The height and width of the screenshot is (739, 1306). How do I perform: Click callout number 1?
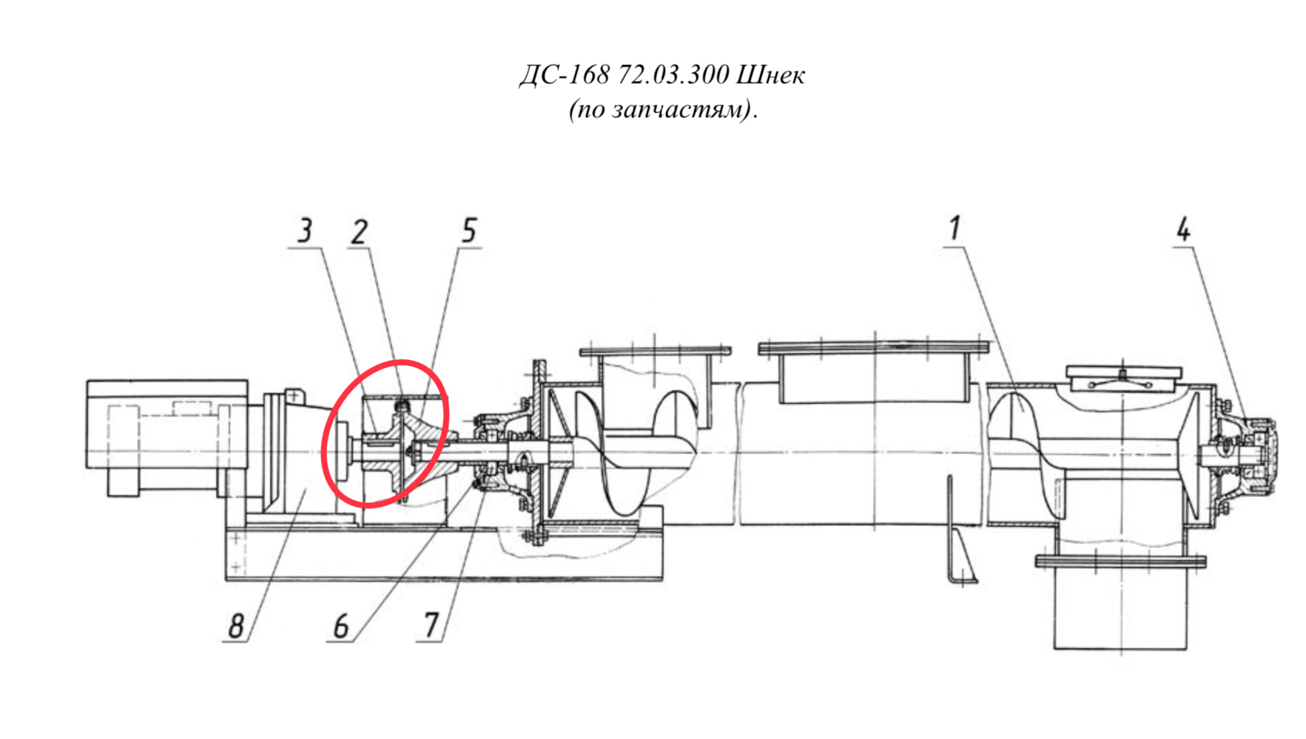pyautogui.click(x=955, y=228)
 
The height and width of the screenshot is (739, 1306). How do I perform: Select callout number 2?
pyautogui.click(x=359, y=232)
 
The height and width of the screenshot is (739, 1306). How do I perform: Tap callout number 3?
pyautogui.click(x=305, y=231)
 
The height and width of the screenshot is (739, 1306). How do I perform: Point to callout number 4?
pyautogui.click(x=1184, y=229)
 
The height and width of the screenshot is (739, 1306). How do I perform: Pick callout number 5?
pyautogui.click(x=469, y=231)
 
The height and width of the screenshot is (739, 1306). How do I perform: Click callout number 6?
pyautogui.click(x=340, y=627)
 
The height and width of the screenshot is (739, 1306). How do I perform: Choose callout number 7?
pyautogui.click(x=431, y=626)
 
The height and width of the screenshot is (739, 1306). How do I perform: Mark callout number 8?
pyautogui.click(x=235, y=627)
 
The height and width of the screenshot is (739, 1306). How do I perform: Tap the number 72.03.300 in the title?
pyautogui.click(x=673, y=75)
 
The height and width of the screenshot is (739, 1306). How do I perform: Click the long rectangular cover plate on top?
pyautogui.click(x=874, y=348)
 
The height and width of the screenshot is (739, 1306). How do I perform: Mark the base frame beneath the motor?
pyautogui.click(x=444, y=553)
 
